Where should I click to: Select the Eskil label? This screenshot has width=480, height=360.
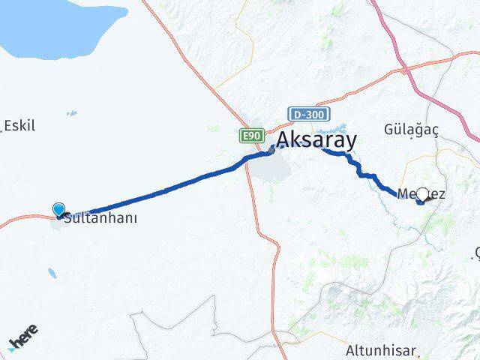pos(19,125)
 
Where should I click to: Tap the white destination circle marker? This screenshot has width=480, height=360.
pos(422,194)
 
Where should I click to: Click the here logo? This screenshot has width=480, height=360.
pos(22,339)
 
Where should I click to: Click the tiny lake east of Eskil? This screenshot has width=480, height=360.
pos(71,114)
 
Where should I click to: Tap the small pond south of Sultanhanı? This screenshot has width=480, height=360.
pos(51,272)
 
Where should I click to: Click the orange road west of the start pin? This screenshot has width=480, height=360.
pos(22,220)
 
